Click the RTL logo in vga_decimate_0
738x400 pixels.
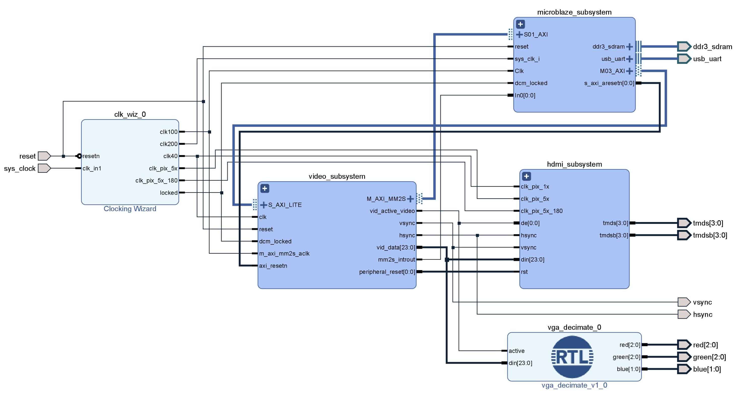coord(572,357)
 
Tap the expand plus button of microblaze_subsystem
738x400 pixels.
coord(520,24)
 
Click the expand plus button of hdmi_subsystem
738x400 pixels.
coord(526,176)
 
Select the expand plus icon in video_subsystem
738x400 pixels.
coord(264,188)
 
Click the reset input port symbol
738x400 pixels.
coord(44,156)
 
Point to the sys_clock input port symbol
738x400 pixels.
coord(44,168)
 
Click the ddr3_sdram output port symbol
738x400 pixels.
coord(684,46)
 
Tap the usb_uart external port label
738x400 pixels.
coord(707,59)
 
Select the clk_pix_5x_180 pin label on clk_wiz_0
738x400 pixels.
coord(156,180)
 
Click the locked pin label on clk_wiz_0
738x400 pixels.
coord(169,193)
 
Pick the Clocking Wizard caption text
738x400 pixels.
coord(130,209)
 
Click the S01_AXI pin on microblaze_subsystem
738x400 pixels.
coord(535,34)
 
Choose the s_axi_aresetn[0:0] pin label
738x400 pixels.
coord(609,83)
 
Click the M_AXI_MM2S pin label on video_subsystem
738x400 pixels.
coord(386,199)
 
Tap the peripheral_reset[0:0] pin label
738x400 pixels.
coord(387,272)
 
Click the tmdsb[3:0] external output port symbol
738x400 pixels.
coord(684,235)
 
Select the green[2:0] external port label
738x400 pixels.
coord(709,357)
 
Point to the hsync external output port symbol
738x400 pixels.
coord(684,314)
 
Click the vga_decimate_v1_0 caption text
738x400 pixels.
coord(574,385)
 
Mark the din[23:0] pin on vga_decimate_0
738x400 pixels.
coord(520,363)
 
